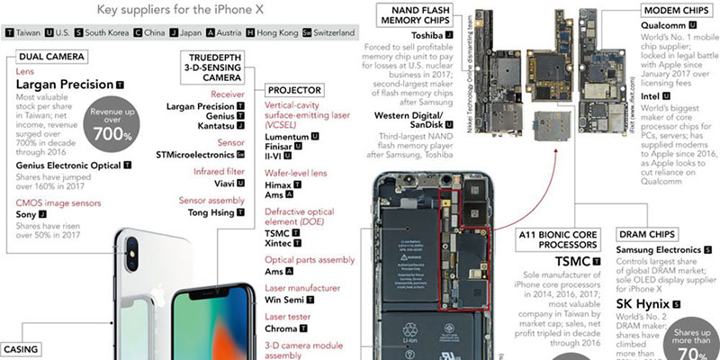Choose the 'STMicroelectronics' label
coord(201,156)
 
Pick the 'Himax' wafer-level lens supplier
coord(281,183)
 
